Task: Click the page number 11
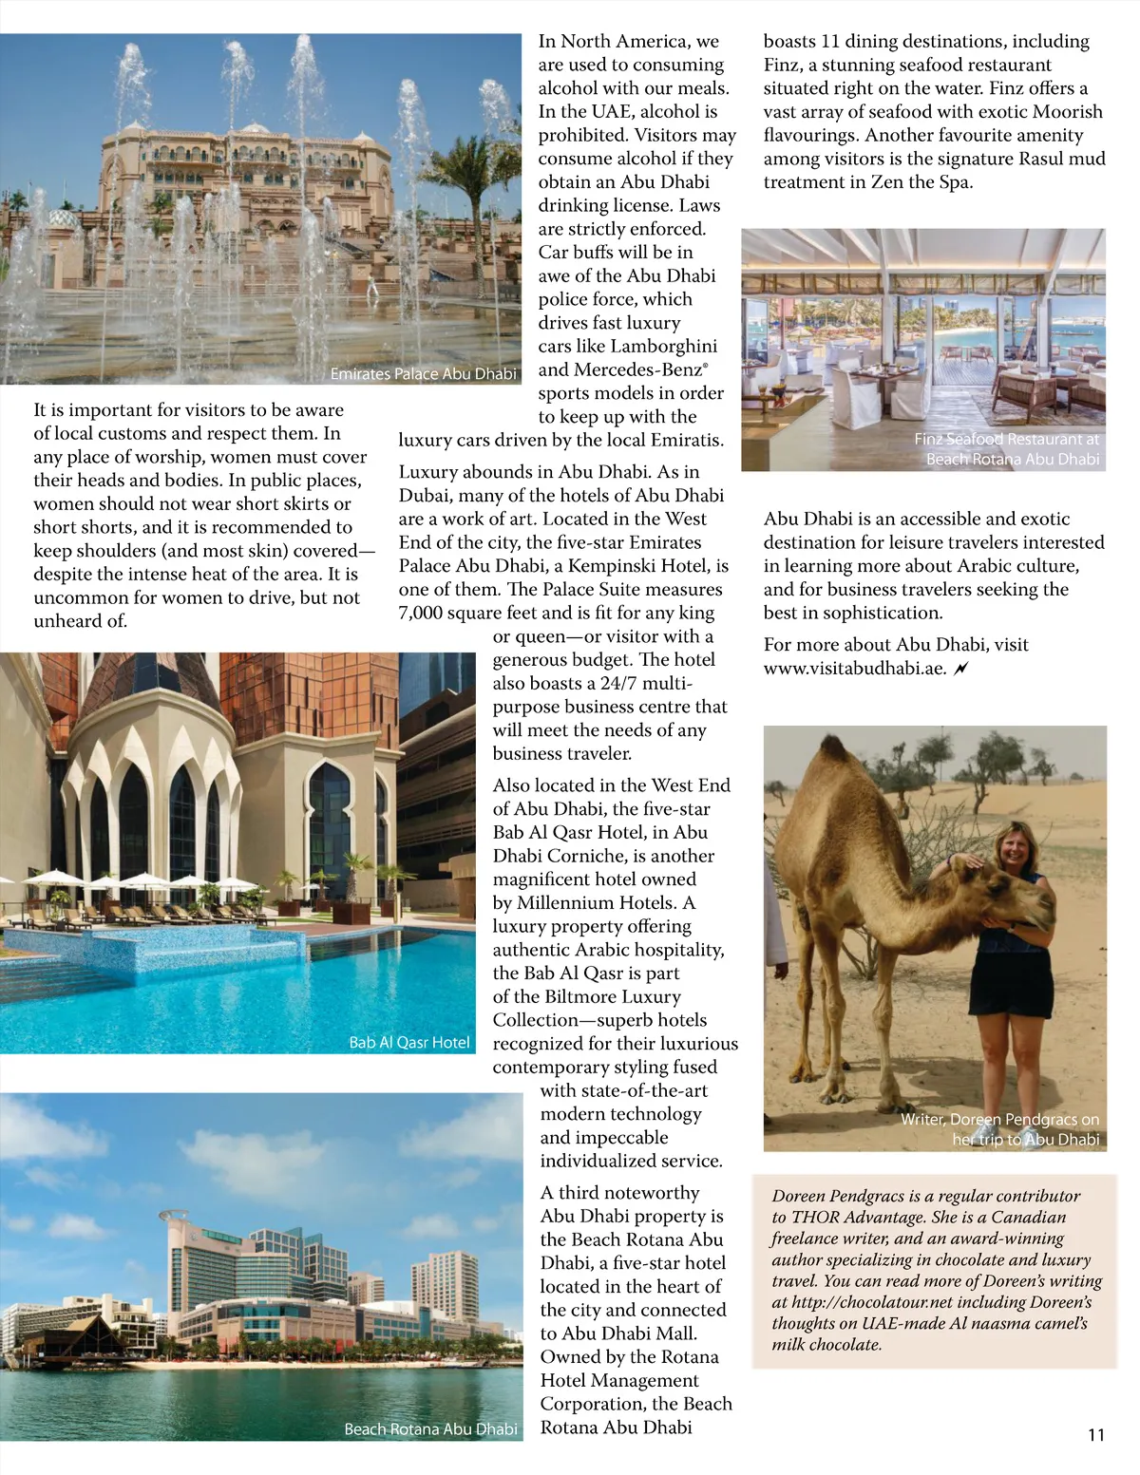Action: pos(1096,1434)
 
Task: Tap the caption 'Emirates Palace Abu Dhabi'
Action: pos(423,374)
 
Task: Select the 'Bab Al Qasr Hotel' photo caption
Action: pos(408,1043)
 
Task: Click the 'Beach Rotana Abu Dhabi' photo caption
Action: pos(430,1429)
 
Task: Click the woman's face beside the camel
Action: pos(1007,844)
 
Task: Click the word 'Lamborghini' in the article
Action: pos(663,347)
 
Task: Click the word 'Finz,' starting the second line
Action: pos(787,66)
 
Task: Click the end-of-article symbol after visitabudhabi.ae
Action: pos(961,669)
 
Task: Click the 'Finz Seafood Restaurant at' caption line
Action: pos(1006,440)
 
